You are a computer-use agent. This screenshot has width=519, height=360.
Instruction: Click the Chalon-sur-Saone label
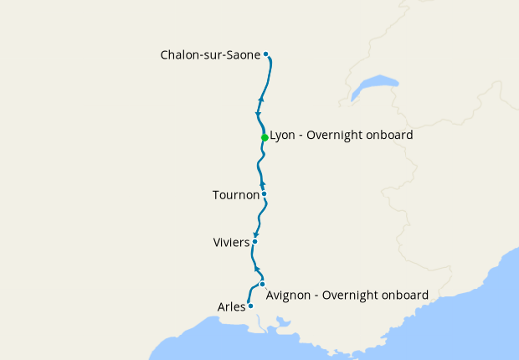click(x=211, y=55)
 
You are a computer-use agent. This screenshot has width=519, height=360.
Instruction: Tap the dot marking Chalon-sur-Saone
click(x=266, y=54)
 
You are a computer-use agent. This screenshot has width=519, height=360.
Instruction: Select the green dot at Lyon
click(x=265, y=137)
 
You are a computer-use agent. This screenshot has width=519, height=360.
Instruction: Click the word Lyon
click(x=283, y=135)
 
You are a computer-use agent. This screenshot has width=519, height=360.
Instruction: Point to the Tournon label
click(x=235, y=195)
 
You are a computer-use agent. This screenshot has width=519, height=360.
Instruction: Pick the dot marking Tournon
click(x=264, y=194)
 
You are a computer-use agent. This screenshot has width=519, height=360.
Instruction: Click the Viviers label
click(x=232, y=243)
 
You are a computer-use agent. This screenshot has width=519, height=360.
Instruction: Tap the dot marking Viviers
click(x=254, y=241)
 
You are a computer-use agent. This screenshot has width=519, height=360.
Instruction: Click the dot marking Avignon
click(x=262, y=284)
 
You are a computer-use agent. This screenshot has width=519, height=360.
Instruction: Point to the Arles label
click(x=231, y=307)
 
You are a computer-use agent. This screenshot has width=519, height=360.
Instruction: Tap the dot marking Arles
click(x=250, y=306)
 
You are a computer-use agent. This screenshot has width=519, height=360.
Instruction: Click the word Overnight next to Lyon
click(x=339, y=135)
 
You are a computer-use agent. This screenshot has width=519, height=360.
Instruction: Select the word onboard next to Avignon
click(x=403, y=296)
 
